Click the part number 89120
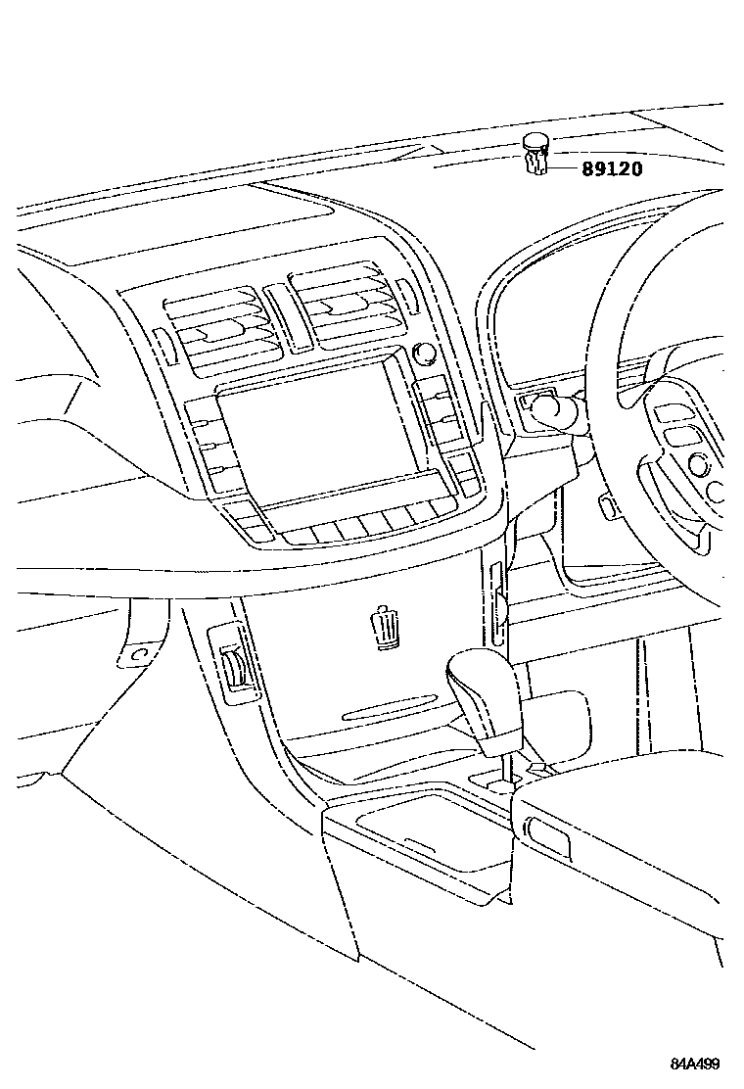pyautogui.click(x=613, y=168)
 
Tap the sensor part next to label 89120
pyautogui.click(x=535, y=154)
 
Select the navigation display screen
pyautogui.click(x=312, y=437)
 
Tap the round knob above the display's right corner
pyautogui.click(x=424, y=353)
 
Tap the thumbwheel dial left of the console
pyautogui.click(x=235, y=671)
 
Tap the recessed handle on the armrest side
pyautogui.click(x=548, y=832)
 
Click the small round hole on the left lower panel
pyautogui.click(x=139, y=652)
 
